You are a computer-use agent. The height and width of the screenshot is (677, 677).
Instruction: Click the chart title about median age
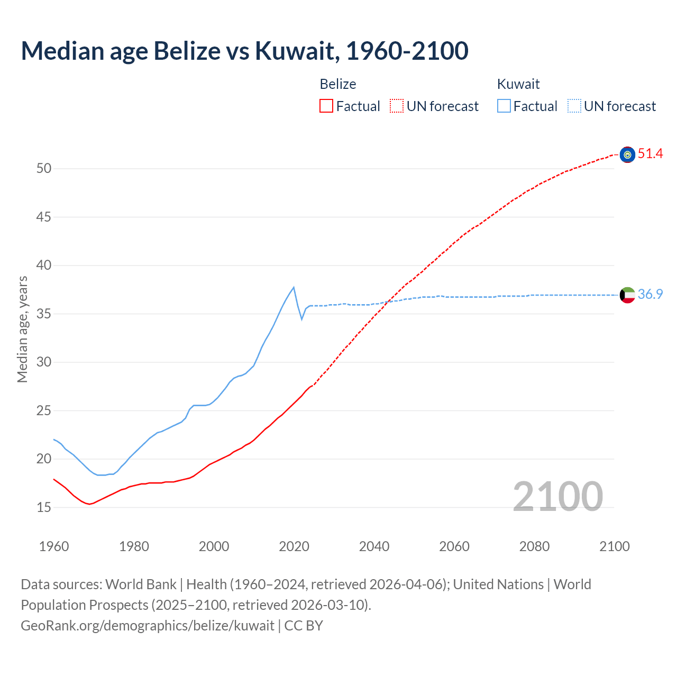pyautogui.click(x=244, y=51)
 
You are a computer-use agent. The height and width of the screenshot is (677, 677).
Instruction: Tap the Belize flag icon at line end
pyautogui.click(x=627, y=154)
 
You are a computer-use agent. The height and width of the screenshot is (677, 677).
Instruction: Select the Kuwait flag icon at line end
pyautogui.click(x=627, y=295)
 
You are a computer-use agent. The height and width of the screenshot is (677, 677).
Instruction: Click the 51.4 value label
pyautogui.click(x=650, y=154)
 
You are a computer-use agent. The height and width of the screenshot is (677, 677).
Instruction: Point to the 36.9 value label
pyautogui.click(x=650, y=295)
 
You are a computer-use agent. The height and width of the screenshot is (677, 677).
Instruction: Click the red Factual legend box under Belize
pyautogui.click(x=326, y=106)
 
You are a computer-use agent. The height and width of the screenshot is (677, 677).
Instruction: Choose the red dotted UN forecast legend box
pyautogui.click(x=397, y=106)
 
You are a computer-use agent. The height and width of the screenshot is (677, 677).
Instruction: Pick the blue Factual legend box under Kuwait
pyautogui.click(x=504, y=106)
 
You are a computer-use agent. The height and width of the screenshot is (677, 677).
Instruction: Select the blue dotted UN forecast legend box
pyautogui.click(x=574, y=106)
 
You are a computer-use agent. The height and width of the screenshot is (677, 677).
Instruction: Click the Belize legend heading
pyautogui.click(x=338, y=84)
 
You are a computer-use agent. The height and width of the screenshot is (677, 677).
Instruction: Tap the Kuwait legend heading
pyautogui.click(x=518, y=84)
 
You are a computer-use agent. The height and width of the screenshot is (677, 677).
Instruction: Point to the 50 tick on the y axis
pyautogui.click(x=44, y=169)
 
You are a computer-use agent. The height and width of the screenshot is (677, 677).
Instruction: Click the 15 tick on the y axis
pyautogui.click(x=44, y=508)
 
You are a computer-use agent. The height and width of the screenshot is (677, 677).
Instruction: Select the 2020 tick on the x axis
pyautogui.click(x=294, y=546)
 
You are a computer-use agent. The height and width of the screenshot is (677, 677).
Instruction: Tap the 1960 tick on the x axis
pyautogui.click(x=54, y=546)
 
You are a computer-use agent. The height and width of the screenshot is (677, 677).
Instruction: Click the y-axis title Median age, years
pyautogui.click(x=22, y=329)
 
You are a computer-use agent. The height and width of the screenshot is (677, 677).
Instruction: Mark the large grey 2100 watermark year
pyautogui.click(x=557, y=496)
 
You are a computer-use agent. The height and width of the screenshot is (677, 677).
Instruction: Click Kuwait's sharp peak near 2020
pyautogui.click(x=294, y=287)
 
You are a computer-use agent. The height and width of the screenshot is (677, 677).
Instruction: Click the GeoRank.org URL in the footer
pyautogui.click(x=148, y=626)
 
